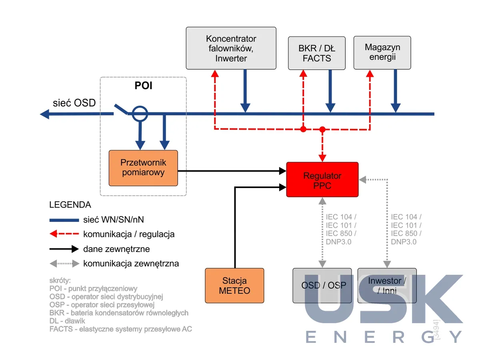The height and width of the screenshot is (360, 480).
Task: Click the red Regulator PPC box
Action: [x=322, y=180]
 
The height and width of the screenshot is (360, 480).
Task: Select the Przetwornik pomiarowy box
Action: [x=143, y=168]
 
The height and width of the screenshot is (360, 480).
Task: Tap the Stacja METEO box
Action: [x=234, y=286]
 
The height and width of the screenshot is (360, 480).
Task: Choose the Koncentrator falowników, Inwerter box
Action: [x=231, y=48]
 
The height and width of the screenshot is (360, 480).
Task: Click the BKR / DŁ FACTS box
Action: [x=317, y=53]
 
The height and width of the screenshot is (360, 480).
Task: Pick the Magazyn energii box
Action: [x=382, y=53]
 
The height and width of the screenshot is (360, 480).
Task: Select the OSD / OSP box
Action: [x=322, y=286]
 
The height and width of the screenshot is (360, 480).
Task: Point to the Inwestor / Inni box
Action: [x=387, y=286]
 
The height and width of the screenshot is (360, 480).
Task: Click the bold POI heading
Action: [x=143, y=86]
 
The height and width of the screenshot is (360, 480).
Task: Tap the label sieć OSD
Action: [x=74, y=103]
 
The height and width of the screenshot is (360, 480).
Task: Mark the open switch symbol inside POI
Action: [x=121, y=109]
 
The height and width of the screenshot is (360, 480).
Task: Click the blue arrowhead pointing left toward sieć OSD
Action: [x=45, y=114]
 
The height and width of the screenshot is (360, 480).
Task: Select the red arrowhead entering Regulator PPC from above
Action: [x=322, y=158]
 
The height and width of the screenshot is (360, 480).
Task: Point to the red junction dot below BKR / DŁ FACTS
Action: [x=303, y=129]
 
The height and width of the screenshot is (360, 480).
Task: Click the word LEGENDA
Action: [x=70, y=205]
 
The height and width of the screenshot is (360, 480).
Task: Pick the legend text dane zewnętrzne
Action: [x=116, y=249]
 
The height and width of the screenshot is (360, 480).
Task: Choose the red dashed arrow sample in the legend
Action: [x=64, y=234]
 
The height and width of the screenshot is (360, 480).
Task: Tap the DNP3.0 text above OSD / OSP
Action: [x=338, y=242]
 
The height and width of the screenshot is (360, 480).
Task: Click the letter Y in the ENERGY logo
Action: [x=456, y=337]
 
